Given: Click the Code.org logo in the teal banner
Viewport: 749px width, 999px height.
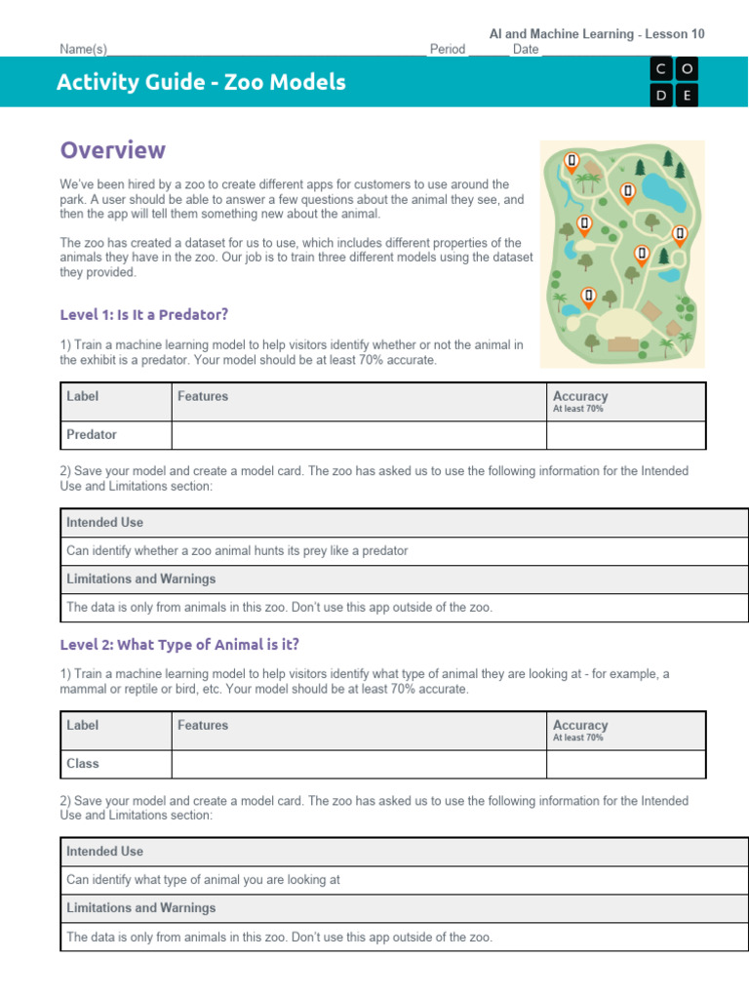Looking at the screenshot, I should [x=676, y=81].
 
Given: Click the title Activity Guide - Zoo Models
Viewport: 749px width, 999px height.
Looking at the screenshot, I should [x=201, y=82].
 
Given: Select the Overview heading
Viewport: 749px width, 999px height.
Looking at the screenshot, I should [x=112, y=150].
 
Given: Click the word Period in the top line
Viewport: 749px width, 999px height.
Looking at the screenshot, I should [x=447, y=49].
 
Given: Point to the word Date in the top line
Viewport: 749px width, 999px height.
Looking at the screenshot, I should [x=525, y=49].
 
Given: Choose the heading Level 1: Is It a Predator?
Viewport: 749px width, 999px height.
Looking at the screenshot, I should [x=143, y=314].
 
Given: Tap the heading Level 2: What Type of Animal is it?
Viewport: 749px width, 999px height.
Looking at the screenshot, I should [x=179, y=644].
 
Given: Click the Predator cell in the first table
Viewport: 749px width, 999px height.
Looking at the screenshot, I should [x=92, y=434].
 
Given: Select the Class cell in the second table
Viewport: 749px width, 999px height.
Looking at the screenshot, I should [x=83, y=763].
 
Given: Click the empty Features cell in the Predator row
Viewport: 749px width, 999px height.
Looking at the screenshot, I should [x=358, y=434].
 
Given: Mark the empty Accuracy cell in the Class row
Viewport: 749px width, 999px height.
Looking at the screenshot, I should [x=625, y=763].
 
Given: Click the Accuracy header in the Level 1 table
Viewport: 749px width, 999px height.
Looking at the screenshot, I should [x=580, y=397].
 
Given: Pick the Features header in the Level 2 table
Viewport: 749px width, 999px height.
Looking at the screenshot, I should [x=203, y=725].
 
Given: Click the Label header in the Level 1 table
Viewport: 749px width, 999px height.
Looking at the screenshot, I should [x=83, y=396].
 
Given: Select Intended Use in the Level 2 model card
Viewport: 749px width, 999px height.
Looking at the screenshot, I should [x=104, y=851].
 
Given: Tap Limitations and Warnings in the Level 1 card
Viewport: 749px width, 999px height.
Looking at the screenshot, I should [x=140, y=579].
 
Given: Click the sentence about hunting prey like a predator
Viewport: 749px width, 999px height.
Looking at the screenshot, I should [x=237, y=550].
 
